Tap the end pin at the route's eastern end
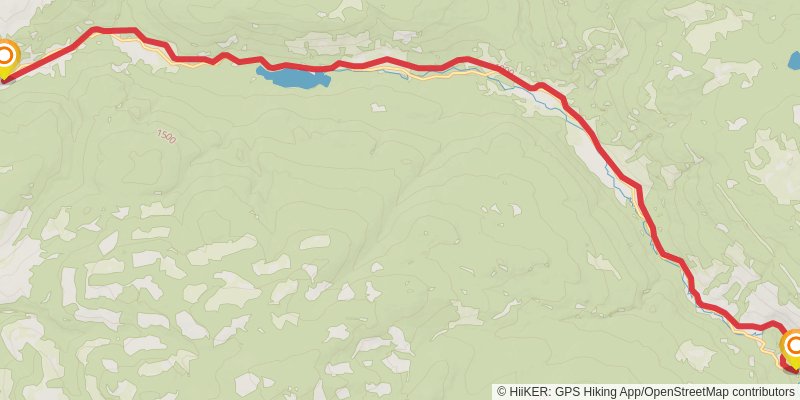coord(793,349)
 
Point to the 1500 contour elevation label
coord(166,135)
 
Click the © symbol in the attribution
coord(502,392)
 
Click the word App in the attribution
coord(642,392)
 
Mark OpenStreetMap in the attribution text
coord(695,392)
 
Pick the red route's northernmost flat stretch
coord(114,31)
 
